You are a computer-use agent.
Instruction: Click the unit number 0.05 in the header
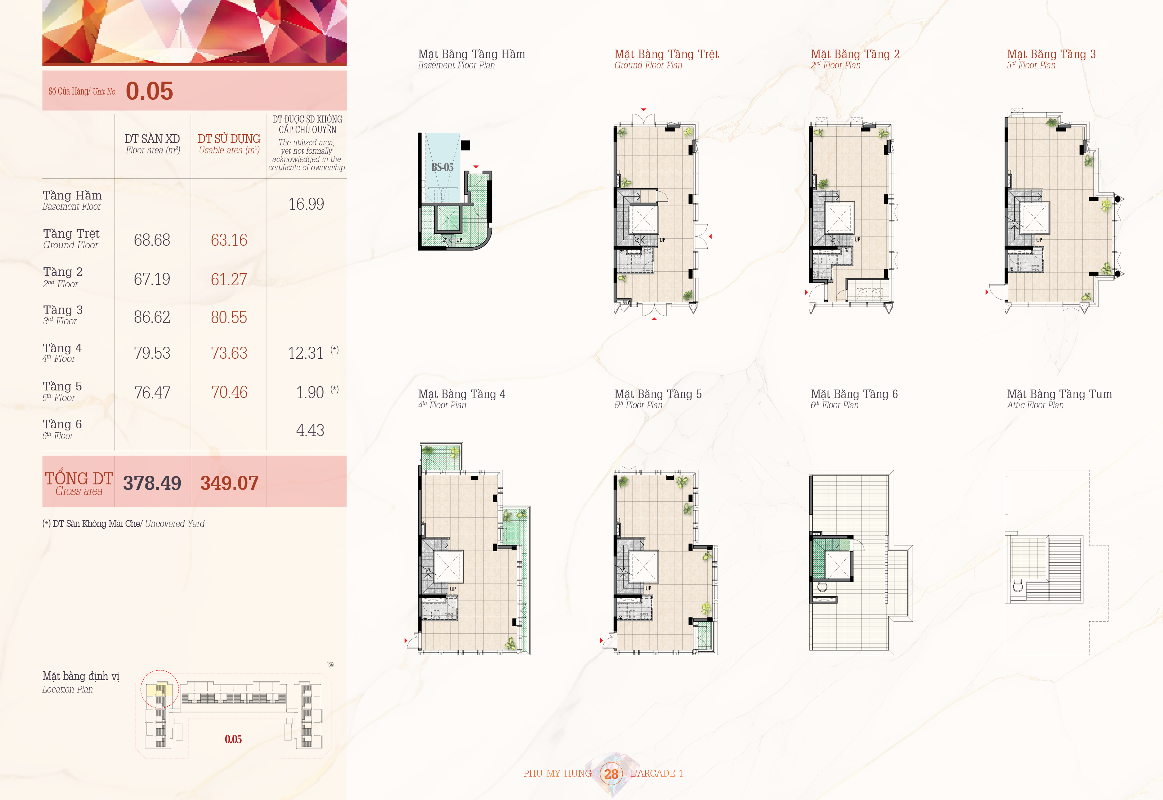tap(149, 91)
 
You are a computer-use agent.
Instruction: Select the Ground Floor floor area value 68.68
tap(152, 240)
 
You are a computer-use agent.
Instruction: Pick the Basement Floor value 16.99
tap(306, 204)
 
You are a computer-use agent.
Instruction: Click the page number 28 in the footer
tap(611, 774)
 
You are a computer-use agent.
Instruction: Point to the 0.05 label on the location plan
tap(233, 739)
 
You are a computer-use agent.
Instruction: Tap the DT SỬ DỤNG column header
tap(229, 139)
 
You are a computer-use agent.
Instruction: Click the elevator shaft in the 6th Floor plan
tap(837, 565)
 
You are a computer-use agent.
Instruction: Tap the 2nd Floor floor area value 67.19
tap(152, 279)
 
